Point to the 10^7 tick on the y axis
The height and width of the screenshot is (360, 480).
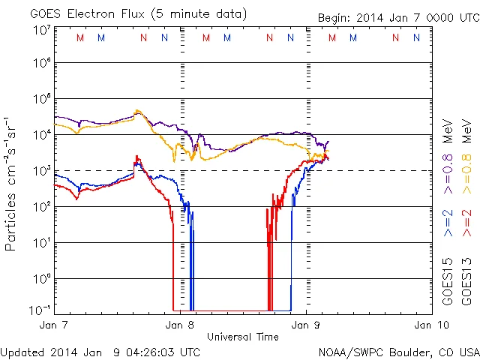[41, 30]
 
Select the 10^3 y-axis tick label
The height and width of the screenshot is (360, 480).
[41, 171]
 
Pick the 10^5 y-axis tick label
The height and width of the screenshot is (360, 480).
[41, 100]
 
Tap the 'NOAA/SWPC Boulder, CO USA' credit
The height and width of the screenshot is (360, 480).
[398, 352]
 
